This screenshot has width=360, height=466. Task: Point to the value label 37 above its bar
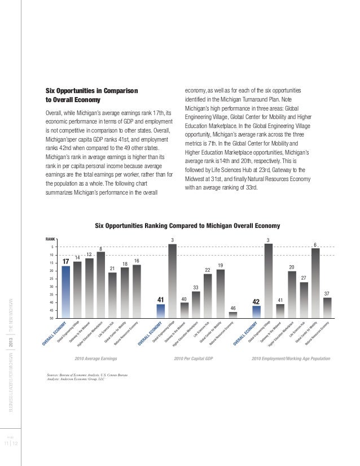click(327, 293)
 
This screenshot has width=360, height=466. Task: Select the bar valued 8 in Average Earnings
click(100, 285)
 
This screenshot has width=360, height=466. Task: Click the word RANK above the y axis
click(50, 240)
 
